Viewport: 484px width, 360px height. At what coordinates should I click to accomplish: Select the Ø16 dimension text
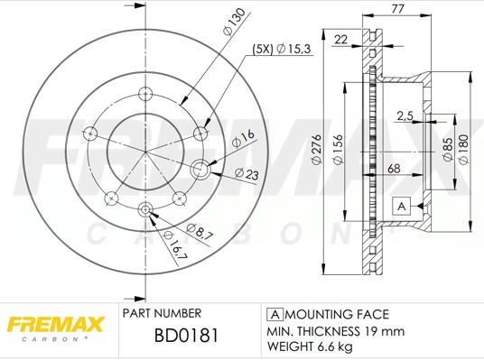point(242,138)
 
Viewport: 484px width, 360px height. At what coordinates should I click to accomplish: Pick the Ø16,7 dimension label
point(175,246)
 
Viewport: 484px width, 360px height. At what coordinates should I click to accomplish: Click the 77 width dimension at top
point(397,9)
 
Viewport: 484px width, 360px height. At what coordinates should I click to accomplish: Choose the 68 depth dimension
point(396,169)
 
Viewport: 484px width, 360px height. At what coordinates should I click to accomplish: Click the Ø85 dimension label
point(447,146)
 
